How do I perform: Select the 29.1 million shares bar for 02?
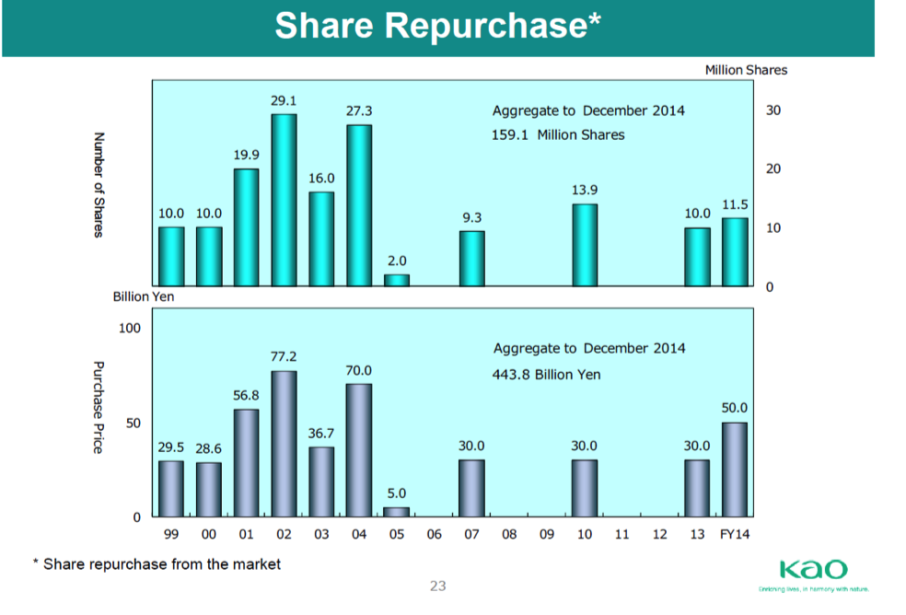click(284, 200)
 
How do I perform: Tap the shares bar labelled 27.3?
click(359, 205)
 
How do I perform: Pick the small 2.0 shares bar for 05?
click(397, 280)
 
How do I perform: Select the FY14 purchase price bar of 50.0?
click(735, 470)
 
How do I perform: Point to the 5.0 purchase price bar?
click(397, 512)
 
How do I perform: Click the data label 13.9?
click(585, 189)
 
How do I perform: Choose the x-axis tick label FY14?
click(735, 534)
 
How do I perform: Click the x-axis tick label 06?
click(435, 534)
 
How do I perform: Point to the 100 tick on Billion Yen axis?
click(130, 328)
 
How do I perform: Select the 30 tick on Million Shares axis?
click(772, 110)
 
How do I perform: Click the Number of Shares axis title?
click(98, 185)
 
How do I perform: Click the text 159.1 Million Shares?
click(558, 135)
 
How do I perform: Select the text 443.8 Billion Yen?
click(547, 375)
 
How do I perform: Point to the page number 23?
click(438, 586)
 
